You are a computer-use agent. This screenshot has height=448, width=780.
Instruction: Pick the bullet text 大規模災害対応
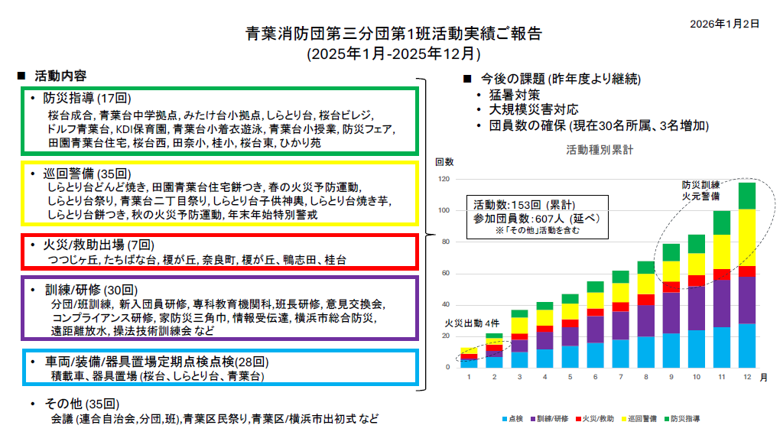point(534,110)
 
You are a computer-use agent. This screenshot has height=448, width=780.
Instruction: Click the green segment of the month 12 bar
point(746,196)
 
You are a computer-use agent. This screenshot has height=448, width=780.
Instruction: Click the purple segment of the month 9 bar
point(671,313)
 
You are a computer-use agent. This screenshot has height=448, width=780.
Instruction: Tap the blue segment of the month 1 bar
point(469,364)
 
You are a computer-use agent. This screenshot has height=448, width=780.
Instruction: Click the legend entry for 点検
point(514,419)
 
